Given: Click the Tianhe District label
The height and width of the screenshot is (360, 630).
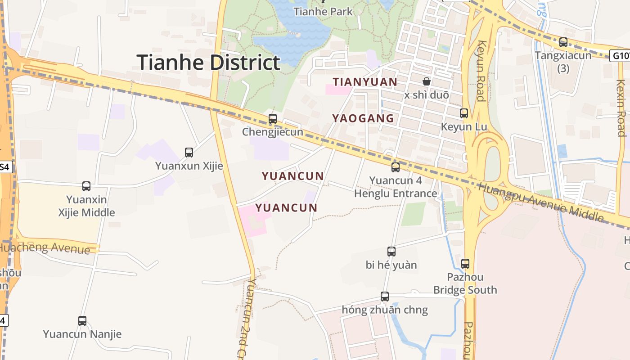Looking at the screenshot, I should coord(208,62).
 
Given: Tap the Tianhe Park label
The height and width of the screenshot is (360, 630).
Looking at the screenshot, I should coord(323,11).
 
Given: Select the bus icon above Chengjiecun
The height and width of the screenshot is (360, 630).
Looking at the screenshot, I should coord(273,119).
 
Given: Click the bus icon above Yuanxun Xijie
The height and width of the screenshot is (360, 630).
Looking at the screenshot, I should coord(189,153).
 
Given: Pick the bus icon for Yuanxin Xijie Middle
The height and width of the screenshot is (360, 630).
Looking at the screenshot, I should coord(86,186).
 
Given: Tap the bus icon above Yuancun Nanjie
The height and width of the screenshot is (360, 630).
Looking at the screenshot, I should coord(82,321).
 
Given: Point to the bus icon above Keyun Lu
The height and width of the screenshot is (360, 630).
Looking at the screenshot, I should coord(464,113).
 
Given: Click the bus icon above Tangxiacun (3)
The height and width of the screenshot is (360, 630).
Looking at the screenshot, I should coord(563,42).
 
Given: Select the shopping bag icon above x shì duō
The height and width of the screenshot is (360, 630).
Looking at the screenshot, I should coord(426,81).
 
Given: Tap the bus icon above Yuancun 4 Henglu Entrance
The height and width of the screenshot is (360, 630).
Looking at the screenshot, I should coord(396,167).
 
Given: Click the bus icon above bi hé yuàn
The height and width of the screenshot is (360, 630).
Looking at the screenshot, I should coord(391,252).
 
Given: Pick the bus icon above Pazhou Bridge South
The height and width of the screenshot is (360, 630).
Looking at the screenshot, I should coord(465,263).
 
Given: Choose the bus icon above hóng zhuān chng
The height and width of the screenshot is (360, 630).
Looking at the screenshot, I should coord(385,297).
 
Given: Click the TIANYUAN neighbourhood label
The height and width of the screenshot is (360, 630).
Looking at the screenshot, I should coord(365,82).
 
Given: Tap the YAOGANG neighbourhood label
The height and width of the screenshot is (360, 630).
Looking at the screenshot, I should coord(363,118).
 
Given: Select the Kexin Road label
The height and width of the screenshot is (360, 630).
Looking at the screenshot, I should coord(621,108).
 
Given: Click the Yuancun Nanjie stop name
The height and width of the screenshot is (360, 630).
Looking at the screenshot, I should coord(82,334).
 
